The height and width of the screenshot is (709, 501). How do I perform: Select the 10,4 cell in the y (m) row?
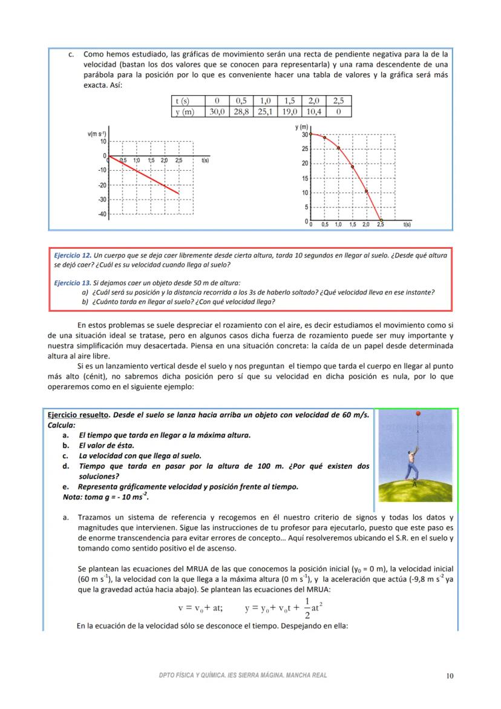[313, 111]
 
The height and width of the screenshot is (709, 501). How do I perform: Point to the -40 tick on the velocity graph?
[102, 214]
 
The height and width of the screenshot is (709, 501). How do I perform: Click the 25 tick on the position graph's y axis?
[305, 149]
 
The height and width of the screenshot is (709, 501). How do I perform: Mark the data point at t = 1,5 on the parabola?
[352, 167]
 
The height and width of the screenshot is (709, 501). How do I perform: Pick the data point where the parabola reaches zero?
[381, 221]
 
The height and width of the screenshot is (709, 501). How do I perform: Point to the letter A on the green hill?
[414, 485]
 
